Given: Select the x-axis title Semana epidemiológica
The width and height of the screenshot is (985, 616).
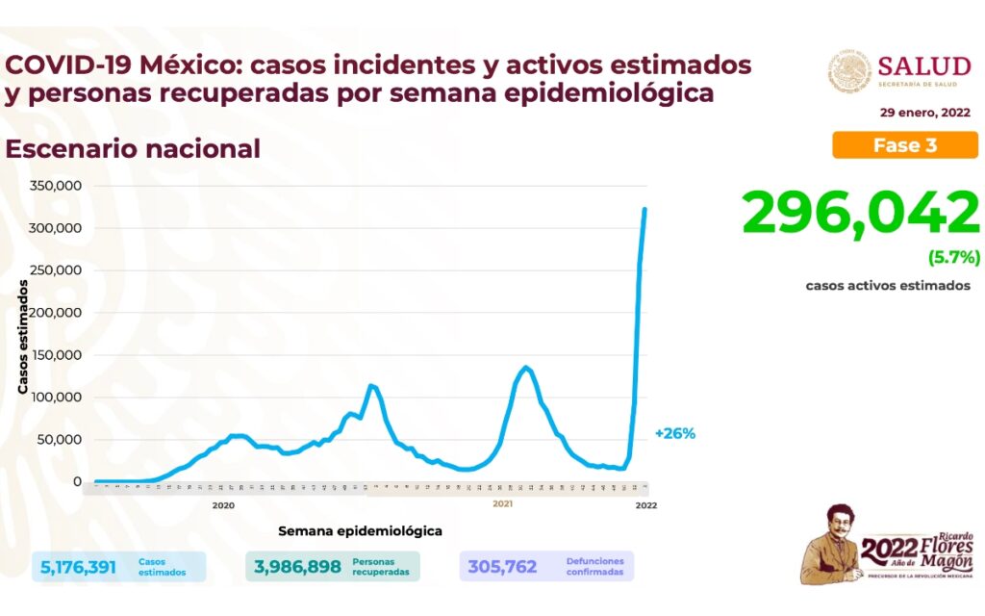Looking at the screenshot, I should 360,530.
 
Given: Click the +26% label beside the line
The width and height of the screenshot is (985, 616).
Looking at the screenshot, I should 674,433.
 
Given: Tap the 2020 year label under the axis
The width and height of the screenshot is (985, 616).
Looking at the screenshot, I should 223,504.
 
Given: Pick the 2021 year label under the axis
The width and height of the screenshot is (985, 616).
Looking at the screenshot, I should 502,504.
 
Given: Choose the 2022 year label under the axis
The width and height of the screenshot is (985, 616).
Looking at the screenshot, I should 645,504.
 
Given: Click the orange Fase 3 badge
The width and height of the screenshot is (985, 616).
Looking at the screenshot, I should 904,145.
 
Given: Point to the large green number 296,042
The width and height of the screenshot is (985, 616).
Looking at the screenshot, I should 860,214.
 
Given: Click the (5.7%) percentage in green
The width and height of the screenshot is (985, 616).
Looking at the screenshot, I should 953,257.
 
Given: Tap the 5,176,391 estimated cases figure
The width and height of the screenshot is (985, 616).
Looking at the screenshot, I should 78,567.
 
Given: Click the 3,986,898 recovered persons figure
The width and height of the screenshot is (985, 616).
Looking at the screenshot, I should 297,567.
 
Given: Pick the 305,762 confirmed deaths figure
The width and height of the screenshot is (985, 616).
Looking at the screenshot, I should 502,567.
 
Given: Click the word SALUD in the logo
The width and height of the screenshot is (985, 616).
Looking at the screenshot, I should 923,65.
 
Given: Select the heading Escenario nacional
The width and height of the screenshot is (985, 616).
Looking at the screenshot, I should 133,149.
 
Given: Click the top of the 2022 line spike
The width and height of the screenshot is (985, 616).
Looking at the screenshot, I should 644,209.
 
